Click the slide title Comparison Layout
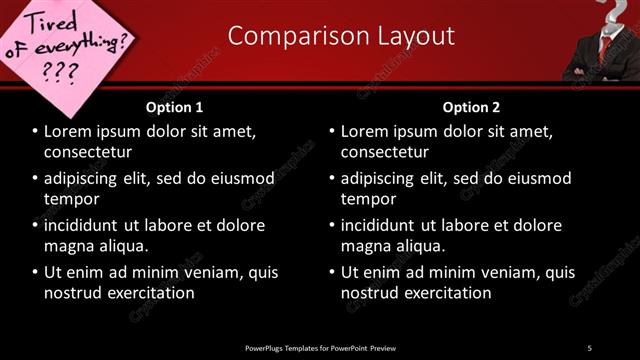341,36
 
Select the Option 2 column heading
471,107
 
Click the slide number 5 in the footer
589,348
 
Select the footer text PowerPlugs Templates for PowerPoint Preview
320,348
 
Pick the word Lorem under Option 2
368,131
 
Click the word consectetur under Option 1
88,151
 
